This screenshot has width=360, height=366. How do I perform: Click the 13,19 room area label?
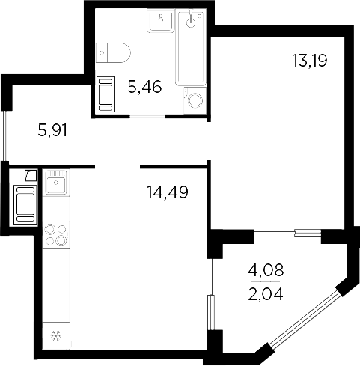(x=309, y=59)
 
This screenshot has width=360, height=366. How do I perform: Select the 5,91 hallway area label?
(x=52, y=130)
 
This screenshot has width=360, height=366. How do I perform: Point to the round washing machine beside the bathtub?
(x=195, y=101)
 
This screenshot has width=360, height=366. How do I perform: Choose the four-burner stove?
(x=55, y=235)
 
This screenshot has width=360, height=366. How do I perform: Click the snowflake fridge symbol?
(x=55, y=336)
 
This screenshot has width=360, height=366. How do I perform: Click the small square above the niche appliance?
(x=30, y=177)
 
